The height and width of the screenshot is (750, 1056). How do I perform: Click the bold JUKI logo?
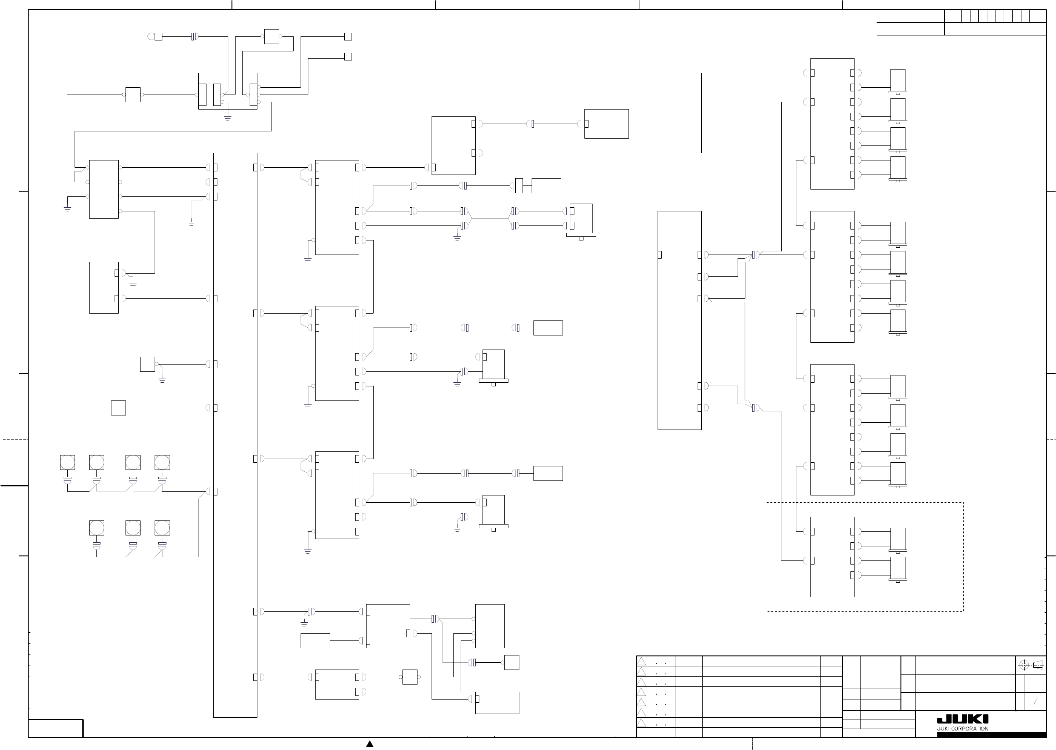point(962,720)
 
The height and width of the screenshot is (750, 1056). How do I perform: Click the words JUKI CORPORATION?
point(962,729)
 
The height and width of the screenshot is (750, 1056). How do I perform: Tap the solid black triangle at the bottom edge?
point(370,744)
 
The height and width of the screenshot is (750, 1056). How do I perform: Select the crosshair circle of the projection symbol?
point(1023,665)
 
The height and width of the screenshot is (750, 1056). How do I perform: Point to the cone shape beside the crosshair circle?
point(1037,665)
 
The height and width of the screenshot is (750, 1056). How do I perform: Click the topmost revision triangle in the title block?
point(642,661)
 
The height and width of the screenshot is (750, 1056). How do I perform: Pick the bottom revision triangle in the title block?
point(642,723)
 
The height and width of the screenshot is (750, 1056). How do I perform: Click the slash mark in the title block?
point(1035,701)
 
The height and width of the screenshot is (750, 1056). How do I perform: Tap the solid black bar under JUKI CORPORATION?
point(991,735)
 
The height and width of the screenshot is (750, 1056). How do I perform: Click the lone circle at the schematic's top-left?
point(151,36)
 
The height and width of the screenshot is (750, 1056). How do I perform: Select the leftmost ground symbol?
point(67,208)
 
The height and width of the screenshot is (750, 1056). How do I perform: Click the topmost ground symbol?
point(228,118)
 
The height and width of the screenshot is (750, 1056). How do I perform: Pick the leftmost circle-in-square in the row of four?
point(67,462)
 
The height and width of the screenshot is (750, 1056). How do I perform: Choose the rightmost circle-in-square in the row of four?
point(162,462)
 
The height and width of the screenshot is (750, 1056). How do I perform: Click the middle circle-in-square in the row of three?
point(133,528)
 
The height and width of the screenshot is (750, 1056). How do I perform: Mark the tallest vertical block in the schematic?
point(235,435)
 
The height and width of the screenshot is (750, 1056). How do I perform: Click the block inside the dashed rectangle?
point(832,557)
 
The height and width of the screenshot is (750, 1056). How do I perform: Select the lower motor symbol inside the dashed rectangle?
point(898,569)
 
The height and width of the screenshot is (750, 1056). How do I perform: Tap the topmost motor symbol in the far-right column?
point(898,81)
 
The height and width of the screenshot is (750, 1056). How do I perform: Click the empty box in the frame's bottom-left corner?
point(56,728)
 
